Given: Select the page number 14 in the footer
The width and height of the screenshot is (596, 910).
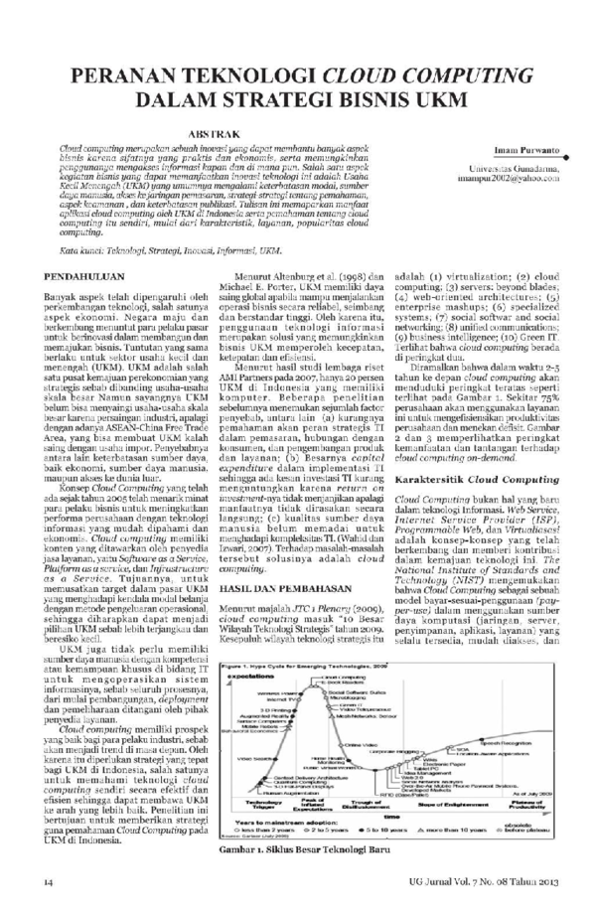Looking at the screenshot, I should pyautogui.click(x=47, y=882).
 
